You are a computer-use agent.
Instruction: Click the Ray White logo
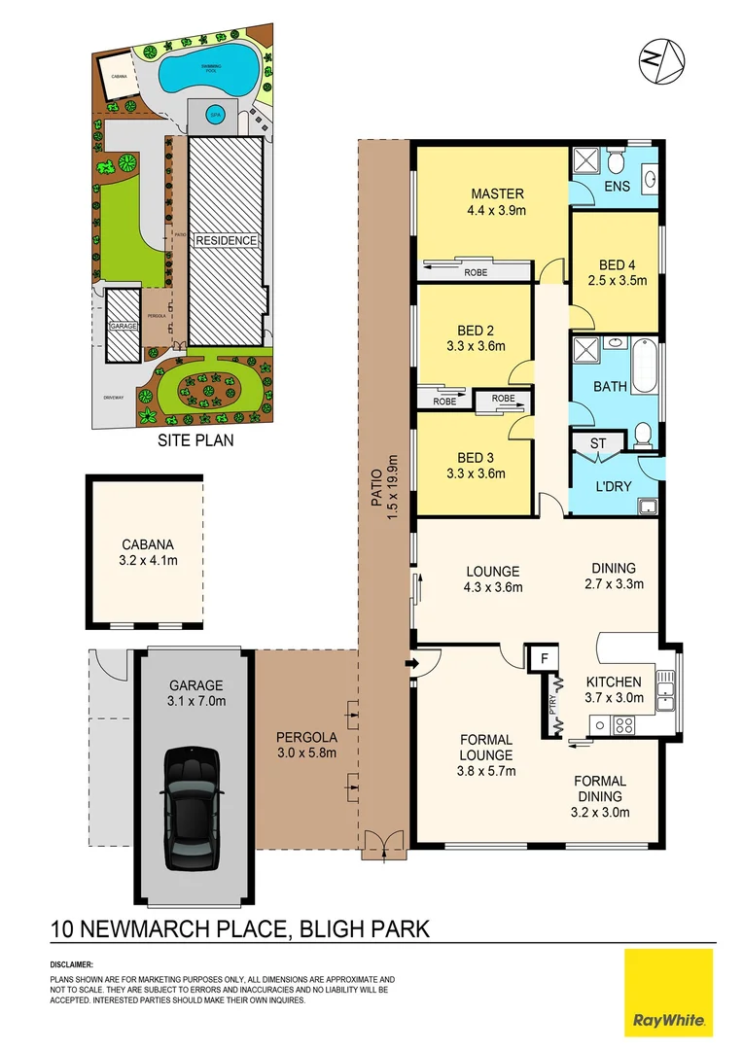click(669, 993)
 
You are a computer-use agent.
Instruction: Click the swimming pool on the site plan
click(209, 71)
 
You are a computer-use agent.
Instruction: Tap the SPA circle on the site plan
click(215, 114)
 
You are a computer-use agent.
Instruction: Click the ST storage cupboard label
click(598, 444)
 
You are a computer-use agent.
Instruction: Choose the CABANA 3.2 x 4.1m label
click(146, 552)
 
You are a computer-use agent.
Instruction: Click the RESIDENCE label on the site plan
click(226, 240)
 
